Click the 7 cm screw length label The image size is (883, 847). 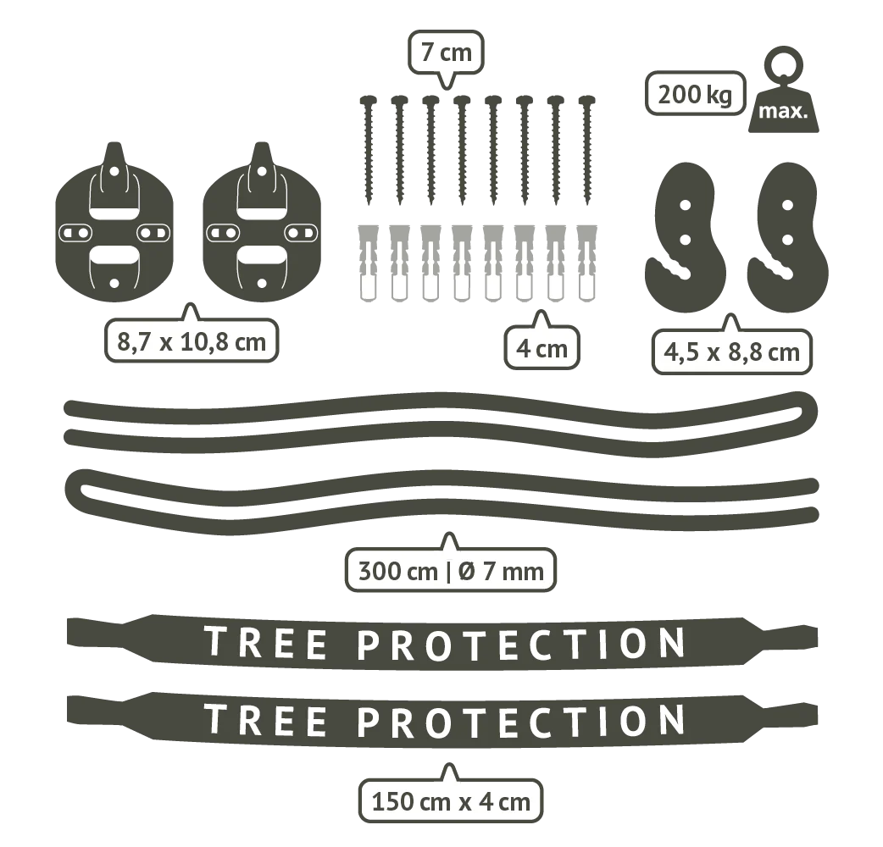click(x=446, y=53)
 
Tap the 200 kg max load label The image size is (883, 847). click(x=695, y=93)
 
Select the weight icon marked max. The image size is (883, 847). click(x=783, y=90)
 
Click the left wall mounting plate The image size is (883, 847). click(x=114, y=222)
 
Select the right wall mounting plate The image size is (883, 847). click(x=261, y=222)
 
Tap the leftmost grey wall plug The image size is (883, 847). click(x=369, y=263)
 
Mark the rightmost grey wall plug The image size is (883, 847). click(x=587, y=263)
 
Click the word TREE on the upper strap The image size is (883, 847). click(x=265, y=642)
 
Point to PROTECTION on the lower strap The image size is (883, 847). click(x=521, y=720)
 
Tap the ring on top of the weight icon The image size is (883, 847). click(x=783, y=63)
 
